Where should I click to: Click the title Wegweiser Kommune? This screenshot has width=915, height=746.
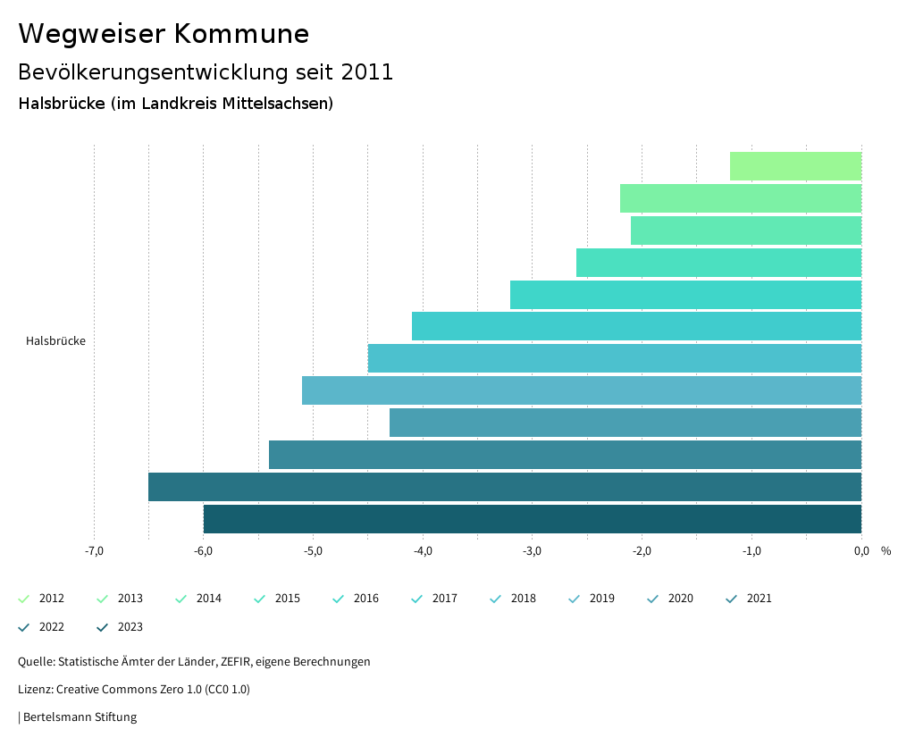[x=164, y=34]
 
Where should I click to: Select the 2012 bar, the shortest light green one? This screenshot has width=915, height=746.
[x=795, y=166]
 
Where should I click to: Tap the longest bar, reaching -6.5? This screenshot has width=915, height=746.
[x=505, y=487]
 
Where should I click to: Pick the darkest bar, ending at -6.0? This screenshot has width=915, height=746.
[x=533, y=519]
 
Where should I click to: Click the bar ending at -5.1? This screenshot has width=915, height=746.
[x=582, y=390]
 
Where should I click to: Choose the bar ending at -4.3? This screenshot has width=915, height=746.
[x=625, y=423]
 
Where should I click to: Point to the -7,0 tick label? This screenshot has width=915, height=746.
[x=94, y=551]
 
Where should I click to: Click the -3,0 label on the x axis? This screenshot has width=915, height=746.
[x=532, y=551]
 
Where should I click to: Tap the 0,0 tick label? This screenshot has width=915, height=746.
[x=860, y=551]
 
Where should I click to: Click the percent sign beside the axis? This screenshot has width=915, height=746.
[x=886, y=551]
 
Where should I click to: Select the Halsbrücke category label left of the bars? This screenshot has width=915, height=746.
[x=55, y=341]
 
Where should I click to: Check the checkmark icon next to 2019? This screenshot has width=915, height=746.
[x=575, y=599]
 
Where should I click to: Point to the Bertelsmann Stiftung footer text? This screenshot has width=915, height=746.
[x=79, y=717]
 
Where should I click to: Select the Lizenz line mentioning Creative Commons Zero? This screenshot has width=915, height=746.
[x=134, y=690]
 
